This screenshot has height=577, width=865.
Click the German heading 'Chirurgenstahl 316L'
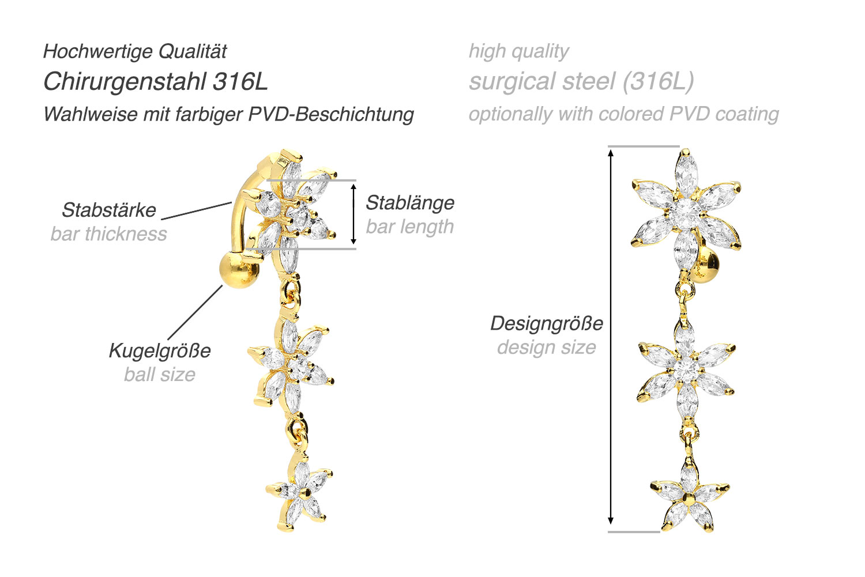click(x=155, y=82)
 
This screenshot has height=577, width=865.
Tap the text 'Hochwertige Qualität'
click(x=135, y=51)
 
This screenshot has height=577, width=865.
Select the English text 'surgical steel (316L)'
click(x=581, y=82)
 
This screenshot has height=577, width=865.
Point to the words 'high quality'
click(x=518, y=51)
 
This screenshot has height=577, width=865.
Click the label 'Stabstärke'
click(x=109, y=210)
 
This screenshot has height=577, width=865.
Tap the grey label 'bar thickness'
click(x=109, y=234)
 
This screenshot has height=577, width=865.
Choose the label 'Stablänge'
click(x=410, y=203)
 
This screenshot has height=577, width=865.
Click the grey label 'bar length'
click(x=409, y=227)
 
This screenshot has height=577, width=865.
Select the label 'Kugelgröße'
click(x=160, y=351)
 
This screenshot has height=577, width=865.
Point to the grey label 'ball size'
click(x=160, y=374)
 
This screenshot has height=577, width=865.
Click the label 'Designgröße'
click(x=547, y=323)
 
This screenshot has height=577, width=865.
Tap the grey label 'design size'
click(x=547, y=348)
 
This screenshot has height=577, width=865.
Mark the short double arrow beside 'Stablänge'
click(x=353, y=214)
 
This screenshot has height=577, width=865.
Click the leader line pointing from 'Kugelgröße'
click(x=195, y=312)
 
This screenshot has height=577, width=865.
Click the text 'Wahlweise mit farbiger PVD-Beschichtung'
click(x=228, y=115)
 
